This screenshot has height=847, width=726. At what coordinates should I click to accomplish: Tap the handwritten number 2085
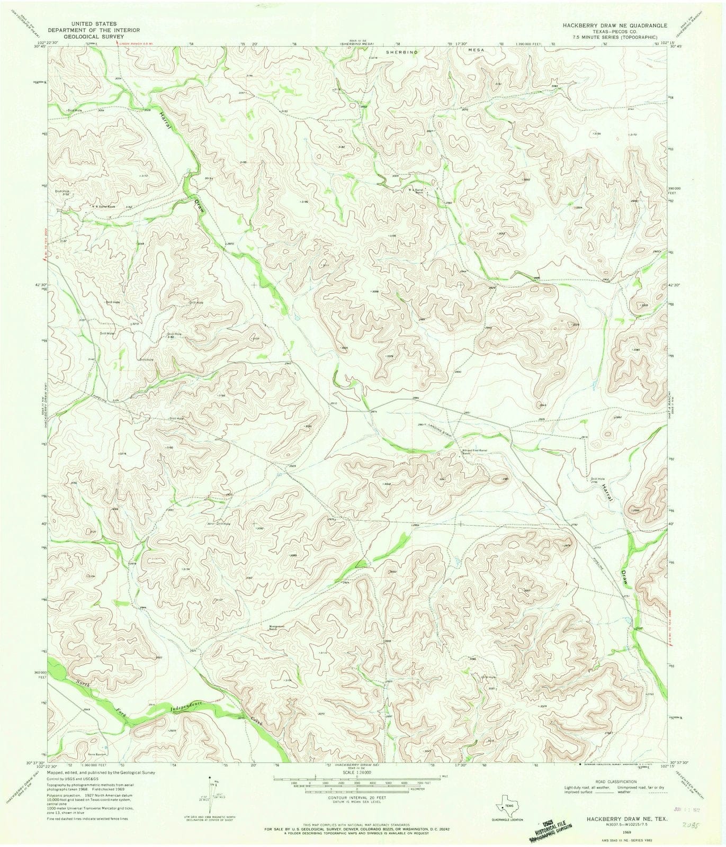tap(688, 824)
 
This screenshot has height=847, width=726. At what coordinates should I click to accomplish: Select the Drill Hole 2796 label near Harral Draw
tap(598, 480)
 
